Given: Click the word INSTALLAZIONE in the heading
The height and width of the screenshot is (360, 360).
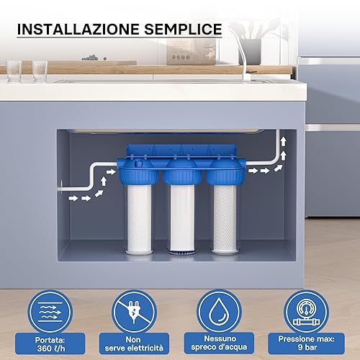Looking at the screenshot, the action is coord(78,30).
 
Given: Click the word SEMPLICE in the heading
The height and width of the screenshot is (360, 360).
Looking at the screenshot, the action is coord(183,30).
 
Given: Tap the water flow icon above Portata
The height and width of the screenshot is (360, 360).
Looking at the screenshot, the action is coord(50,312).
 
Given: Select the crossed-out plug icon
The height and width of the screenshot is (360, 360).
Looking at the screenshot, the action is coord(135,312).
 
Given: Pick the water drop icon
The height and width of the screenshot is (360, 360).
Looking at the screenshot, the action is coord(220,312).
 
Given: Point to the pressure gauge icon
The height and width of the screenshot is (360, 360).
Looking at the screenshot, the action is coord(306,312).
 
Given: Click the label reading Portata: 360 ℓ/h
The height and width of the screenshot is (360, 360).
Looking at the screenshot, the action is coord(50,344).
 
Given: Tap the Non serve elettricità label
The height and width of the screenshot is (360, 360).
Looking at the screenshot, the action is coord(134,344).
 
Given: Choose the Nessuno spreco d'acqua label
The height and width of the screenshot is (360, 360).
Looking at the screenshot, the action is coord(219,343).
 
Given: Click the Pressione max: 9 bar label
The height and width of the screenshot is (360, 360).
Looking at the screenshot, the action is coord(306,343).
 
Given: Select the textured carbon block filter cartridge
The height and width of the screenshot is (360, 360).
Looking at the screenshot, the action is coord(225,218).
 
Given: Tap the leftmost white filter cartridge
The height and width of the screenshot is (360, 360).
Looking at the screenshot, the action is coord(139,218).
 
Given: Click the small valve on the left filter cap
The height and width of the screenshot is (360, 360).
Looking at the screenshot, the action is coord(139,163).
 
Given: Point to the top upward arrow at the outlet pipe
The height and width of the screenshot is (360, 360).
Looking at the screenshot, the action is coord(284,142).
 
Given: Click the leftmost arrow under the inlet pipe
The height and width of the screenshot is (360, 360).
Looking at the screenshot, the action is coord(73,198).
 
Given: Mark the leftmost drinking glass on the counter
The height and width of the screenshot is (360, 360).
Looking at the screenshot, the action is coord(14,71).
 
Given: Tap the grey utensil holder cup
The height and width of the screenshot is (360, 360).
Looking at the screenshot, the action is coord(250,52).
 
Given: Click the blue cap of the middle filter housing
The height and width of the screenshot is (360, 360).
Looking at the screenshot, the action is coord(182,171).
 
